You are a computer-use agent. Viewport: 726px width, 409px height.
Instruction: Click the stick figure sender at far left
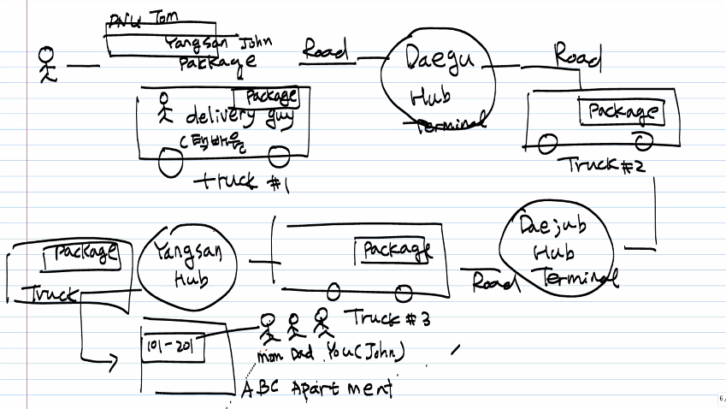(46, 64)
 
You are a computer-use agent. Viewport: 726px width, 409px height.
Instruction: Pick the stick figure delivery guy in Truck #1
(164, 110)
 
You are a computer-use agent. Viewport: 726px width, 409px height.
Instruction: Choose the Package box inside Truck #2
(623, 112)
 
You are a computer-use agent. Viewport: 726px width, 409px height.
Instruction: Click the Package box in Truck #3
(395, 250)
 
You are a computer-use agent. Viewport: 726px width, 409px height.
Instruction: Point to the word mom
(271, 353)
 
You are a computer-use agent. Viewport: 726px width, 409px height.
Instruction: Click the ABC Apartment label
(316, 389)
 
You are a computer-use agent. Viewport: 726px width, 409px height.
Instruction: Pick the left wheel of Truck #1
(171, 164)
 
